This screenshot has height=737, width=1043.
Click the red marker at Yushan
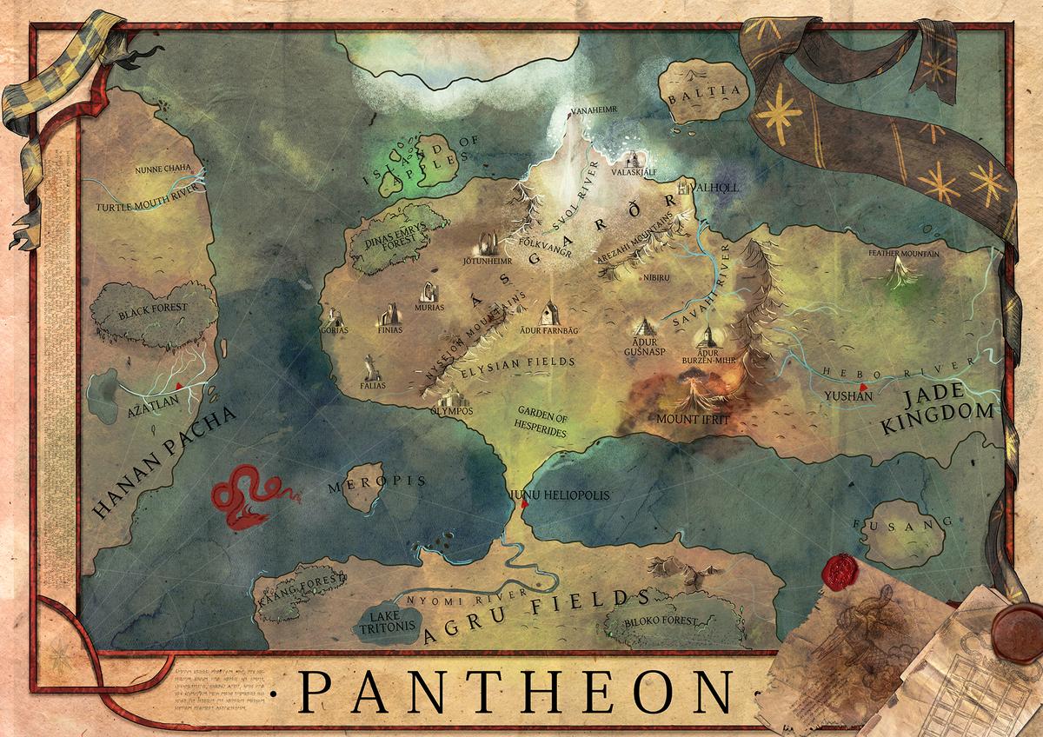point(862,386)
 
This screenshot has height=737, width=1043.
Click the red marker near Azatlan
point(178,384)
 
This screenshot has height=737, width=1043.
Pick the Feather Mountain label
point(904,254)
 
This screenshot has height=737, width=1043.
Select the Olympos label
point(451,411)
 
